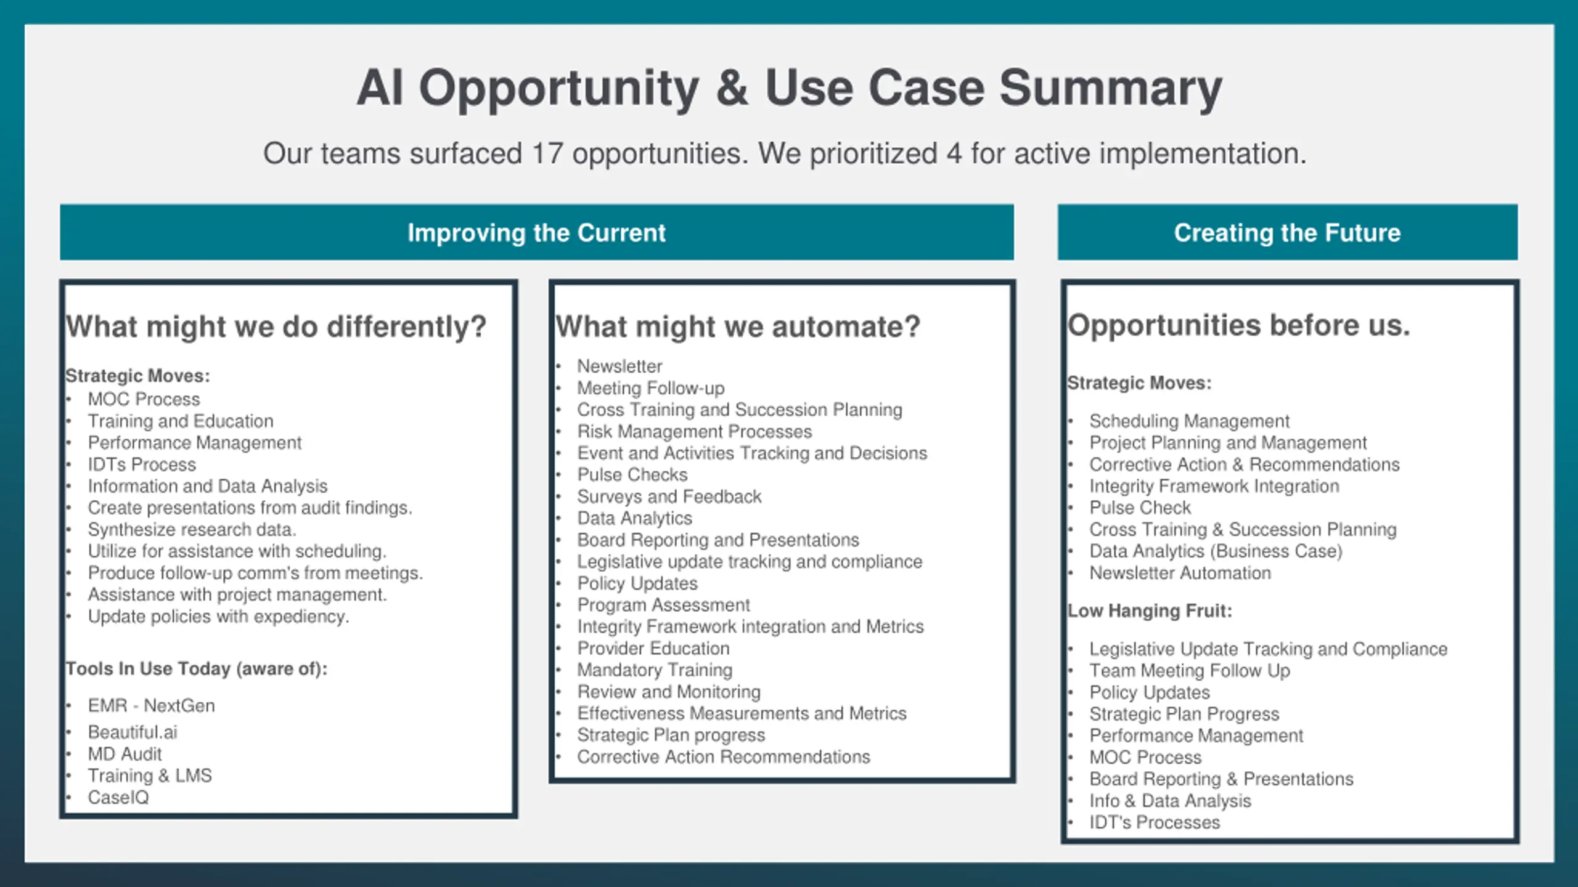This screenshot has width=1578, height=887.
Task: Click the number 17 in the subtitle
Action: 547,153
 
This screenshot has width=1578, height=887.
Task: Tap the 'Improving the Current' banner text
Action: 536,233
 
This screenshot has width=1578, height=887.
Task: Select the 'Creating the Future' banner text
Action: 1287,233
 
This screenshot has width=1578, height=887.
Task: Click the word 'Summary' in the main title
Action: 1110,88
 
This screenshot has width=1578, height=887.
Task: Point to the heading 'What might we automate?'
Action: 738,326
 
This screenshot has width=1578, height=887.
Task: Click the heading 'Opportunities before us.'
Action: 1238,325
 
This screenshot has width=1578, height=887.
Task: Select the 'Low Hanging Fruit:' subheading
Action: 1150,610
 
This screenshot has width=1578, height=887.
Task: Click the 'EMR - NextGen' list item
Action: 151,705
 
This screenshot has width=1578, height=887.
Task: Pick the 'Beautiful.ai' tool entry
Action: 132,732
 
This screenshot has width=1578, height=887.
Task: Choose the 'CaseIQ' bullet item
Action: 118,797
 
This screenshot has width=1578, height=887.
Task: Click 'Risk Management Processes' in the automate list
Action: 694,431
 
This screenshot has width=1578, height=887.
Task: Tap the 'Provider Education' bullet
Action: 653,648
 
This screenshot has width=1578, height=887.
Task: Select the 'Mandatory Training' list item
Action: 655,670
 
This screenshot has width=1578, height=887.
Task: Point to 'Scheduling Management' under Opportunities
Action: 1189,421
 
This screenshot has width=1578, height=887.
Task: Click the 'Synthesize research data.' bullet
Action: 192,529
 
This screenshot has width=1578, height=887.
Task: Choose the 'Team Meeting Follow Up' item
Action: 1189,670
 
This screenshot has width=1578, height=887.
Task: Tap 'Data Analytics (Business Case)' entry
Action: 1216,551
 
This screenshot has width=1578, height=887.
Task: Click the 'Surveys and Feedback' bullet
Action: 669,496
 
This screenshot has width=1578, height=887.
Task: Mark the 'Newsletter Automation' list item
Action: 1180,573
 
